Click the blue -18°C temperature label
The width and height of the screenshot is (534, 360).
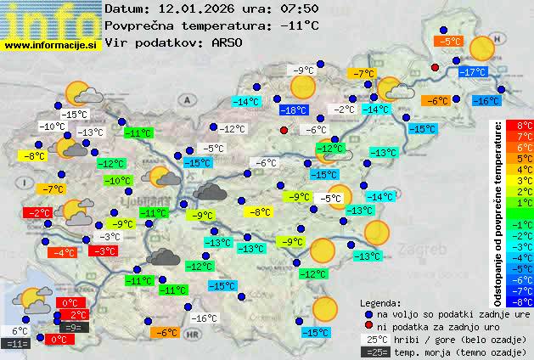click(x=294, y=110)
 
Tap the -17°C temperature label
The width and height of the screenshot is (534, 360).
click(x=472, y=73)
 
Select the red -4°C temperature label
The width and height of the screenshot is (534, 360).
click(x=64, y=252)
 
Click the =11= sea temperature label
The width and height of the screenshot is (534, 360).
click(x=17, y=344)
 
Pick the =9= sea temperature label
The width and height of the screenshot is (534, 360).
click(x=73, y=327)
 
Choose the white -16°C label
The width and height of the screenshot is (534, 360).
click(x=204, y=318)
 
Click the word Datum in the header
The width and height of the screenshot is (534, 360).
click(x=126, y=8)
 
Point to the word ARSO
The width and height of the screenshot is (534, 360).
click(x=230, y=42)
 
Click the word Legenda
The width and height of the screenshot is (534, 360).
click(x=380, y=302)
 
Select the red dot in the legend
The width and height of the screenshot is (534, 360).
click(x=367, y=326)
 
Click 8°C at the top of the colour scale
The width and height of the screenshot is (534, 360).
click(x=525, y=126)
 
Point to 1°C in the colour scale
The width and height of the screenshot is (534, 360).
click(x=525, y=203)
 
